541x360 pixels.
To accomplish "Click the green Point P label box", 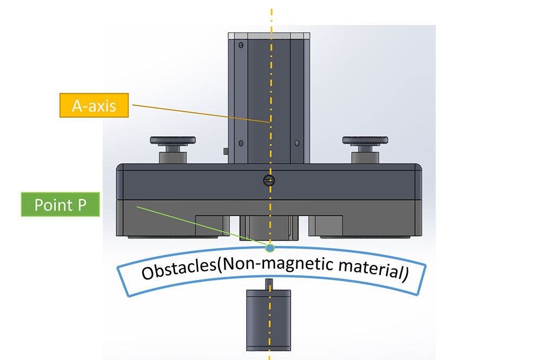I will tap(61, 205).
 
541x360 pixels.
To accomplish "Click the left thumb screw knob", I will tap(171, 141).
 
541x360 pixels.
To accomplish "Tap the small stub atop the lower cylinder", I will tap(269, 283).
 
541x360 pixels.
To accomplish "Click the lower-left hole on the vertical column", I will tap(240, 143).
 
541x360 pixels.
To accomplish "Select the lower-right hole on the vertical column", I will tap(297, 143).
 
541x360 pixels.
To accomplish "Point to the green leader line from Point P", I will tap(200, 225).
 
